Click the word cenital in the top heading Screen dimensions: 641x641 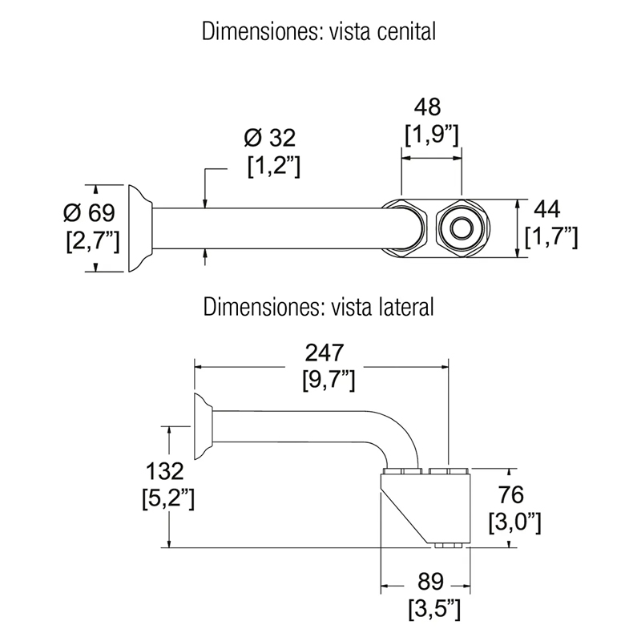pos(407,32)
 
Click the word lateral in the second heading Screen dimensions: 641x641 pos(403,307)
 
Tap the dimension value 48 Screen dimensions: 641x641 pos(427,107)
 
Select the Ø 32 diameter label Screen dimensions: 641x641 pos(270,138)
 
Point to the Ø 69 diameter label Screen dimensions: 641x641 pos(90,212)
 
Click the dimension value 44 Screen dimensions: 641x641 pos(547,210)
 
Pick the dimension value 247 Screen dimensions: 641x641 pos(325,353)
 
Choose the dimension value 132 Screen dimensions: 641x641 pos(165,471)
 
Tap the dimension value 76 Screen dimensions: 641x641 pos(511,494)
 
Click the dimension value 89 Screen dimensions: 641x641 pos(430,582)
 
